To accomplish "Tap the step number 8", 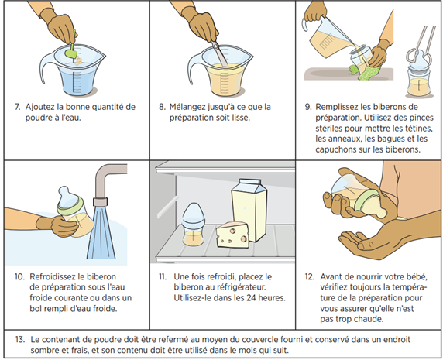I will (x=165, y=105).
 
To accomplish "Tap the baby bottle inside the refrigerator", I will (x=189, y=225).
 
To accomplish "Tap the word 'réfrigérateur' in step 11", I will (x=239, y=286).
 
